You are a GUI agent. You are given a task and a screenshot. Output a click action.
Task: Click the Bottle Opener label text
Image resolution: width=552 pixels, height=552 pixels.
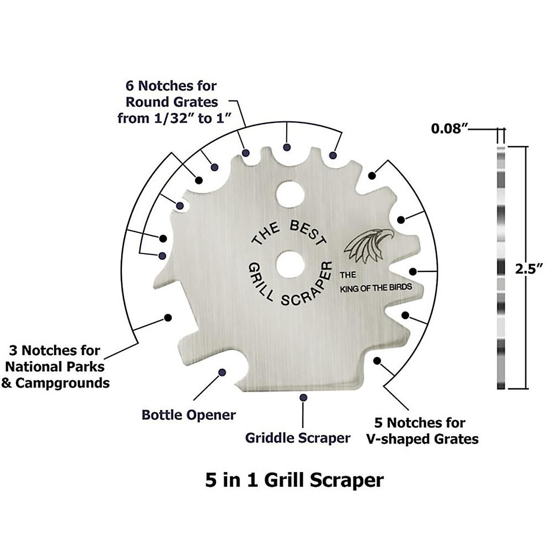click(189, 414)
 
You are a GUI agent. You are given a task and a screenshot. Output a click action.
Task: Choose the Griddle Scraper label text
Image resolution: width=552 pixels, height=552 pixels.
click(298, 438)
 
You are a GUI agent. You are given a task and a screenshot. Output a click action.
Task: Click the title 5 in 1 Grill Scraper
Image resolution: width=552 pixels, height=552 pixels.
click(294, 479)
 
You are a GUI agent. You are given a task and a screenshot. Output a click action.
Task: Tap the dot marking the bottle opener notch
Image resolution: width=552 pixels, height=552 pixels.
click(222, 373)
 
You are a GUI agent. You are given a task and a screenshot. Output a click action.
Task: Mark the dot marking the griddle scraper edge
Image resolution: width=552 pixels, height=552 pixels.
click(303, 396)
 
